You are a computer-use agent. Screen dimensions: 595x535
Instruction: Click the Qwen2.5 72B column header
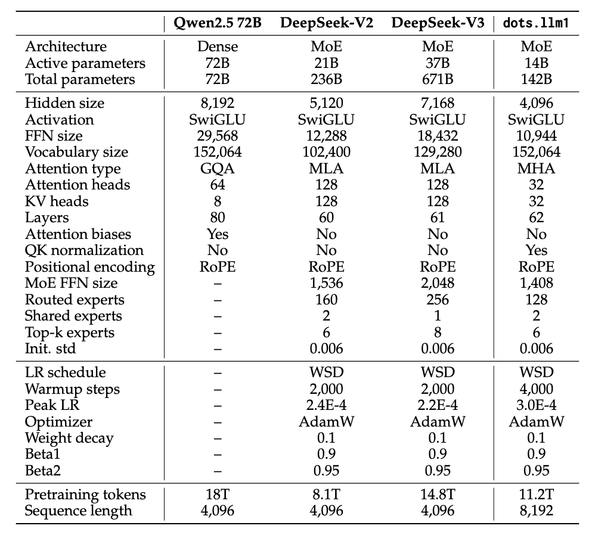[x=218, y=23]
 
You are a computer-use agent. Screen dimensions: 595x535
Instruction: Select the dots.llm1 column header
[x=536, y=23]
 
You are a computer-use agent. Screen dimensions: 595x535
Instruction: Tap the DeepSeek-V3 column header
[x=438, y=23]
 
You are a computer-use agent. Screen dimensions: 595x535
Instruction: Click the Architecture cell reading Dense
[x=218, y=46]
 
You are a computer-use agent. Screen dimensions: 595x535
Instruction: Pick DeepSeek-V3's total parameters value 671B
[x=438, y=79]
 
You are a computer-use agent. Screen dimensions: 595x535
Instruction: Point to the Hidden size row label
[x=64, y=103]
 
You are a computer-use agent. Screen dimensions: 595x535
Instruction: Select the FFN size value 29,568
[x=218, y=136]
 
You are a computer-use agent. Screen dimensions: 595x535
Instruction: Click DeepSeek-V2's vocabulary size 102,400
[x=326, y=152]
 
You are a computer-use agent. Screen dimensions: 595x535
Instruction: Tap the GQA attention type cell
[x=218, y=169]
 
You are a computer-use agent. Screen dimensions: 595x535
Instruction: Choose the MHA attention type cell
[x=536, y=169]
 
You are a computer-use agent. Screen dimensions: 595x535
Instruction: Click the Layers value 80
[x=218, y=217]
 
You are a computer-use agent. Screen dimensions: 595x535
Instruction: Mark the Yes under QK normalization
[x=536, y=250]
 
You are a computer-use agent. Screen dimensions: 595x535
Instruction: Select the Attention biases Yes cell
[x=218, y=234]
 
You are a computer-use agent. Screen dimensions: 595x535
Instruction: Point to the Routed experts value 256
[x=438, y=300]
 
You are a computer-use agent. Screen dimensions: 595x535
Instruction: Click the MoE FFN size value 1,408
[x=536, y=283]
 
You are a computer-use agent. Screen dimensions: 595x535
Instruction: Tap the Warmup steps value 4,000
[x=536, y=389]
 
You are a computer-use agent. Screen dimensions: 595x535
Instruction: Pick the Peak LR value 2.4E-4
[x=326, y=405]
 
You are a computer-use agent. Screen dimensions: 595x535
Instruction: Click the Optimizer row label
[x=58, y=422]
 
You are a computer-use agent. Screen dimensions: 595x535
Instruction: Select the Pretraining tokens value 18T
[x=218, y=494]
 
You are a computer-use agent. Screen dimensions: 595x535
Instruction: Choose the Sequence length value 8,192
[x=536, y=511]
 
